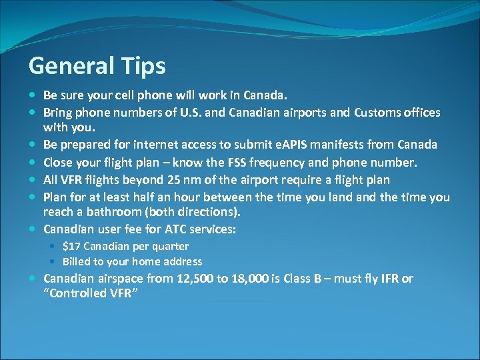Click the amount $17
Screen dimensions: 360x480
[72, 246]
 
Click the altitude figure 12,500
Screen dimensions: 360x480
[198, 279]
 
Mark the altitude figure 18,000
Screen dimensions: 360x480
[251, 279]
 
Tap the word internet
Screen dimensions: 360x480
[159, 144]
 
